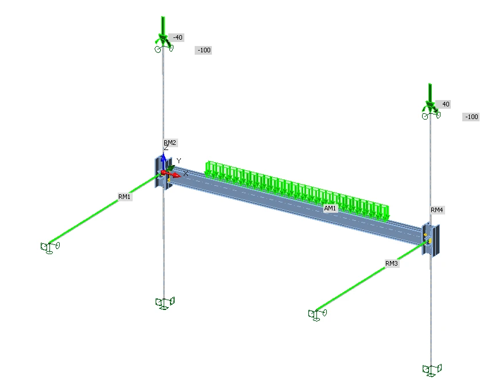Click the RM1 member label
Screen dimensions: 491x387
pos(125,197)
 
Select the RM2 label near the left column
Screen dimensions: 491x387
pos(171,143)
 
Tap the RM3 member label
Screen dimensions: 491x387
pos(392,263)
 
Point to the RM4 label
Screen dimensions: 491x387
pos(437,210)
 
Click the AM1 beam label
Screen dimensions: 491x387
pos(330,209)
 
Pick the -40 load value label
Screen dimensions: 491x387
pos(177,37)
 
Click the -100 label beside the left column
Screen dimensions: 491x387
pos(204,50)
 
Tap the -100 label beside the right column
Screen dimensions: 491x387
pos(471,117)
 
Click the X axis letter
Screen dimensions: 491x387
pos(186,174)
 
